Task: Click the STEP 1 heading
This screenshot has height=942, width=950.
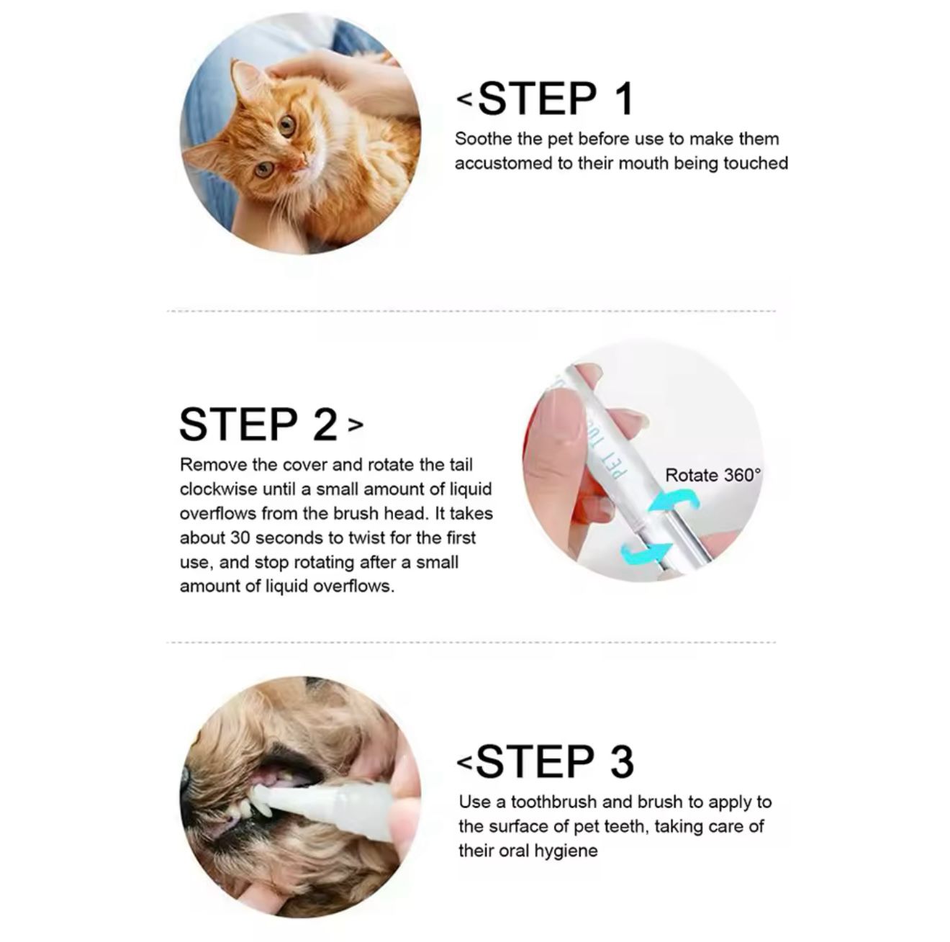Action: pyautogui.click(x=556, y=99)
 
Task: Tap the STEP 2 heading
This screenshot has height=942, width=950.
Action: pyautogui.click(x=258, y=424)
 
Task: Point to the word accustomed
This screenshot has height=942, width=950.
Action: pyautogui.click(x=503, y=163)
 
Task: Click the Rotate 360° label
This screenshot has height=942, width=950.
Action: pyautogui.click(x=713, y=475)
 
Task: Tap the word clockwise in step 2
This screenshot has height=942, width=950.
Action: pyautogui.click(x=218, y=489)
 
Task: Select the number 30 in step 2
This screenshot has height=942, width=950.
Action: pyautogui.click(x=240, y=538)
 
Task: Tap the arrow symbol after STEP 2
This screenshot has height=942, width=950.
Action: pyautogui.click(x=356, y=424)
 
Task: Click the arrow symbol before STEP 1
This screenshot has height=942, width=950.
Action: pyautogui.click(x=465, y=99)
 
